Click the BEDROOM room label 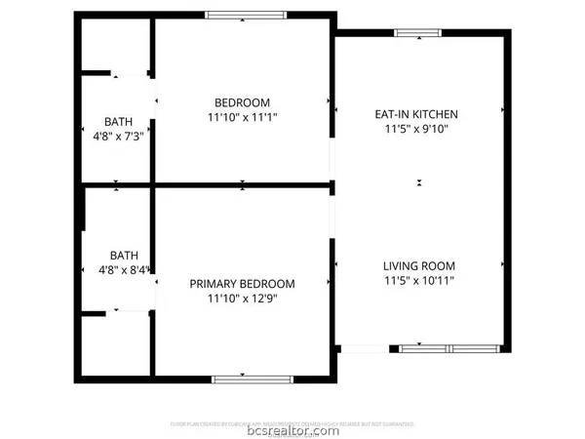pyautogui.click(x=242, y=102)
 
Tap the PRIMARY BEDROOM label pyautogui.click(x=242, y=284)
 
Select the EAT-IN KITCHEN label pyautogui.click(x=416, y=114)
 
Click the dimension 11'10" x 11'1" pyautogui.click(x=242, y=117)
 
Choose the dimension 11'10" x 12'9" pyautogui.click(x=242, y=299)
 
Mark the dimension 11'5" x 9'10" pyautogui.click(x=416, y=129)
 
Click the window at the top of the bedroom pyautogui.click(x=242, y=15)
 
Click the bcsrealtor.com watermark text pyautogui.click(x=292, y=430)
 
